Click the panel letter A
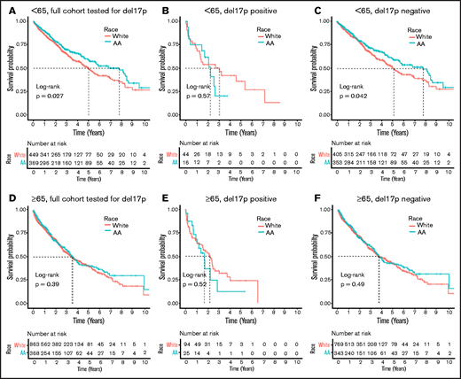(5, 8)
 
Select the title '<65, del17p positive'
(212, 8)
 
